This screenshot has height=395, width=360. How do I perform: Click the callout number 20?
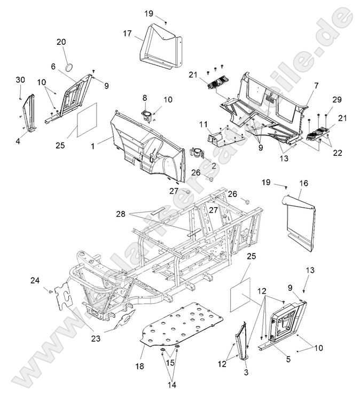coord(61,42)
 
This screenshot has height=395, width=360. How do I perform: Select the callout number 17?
coord(127,33)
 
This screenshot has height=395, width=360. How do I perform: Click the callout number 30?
coord(20,80)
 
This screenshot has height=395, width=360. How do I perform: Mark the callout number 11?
coord(203,124)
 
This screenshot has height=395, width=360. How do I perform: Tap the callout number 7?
coord(316,85)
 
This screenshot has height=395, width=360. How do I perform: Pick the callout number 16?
coord(303,183)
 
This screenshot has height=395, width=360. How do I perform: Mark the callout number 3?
coord(247,372)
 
